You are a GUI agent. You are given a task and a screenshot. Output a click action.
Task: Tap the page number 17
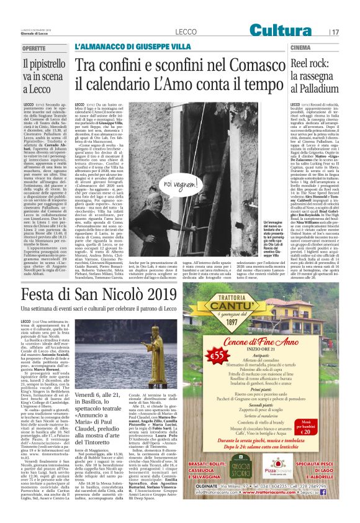pyautogui.click(x=336, y=31)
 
